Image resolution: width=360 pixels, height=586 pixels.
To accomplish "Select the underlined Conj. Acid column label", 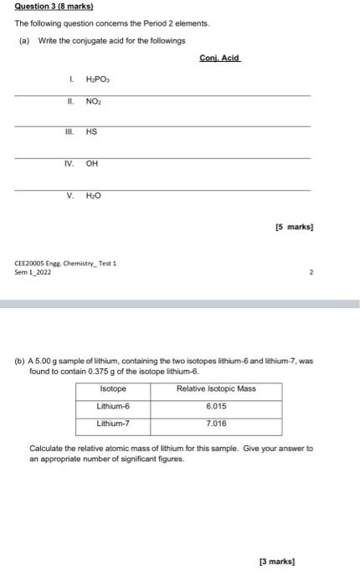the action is [219, 58].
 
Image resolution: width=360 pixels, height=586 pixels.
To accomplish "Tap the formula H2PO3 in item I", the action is [98, 80].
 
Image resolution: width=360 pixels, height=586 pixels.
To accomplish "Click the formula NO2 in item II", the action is [94, 101].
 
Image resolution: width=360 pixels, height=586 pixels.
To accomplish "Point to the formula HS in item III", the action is [92, 132].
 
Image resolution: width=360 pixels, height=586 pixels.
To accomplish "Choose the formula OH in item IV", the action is [92, 164].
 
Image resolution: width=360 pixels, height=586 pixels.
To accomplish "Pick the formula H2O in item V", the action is [94, 196].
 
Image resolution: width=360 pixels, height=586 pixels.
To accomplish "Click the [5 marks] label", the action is [294, 227].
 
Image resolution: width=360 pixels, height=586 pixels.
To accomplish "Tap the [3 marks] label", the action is [278, 562].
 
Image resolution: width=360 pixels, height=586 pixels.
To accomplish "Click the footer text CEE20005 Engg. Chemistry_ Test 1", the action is [65, 263].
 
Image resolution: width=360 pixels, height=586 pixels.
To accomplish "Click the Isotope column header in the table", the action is [113, 389].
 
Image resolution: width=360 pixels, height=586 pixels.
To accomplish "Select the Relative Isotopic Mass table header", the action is [216, 389].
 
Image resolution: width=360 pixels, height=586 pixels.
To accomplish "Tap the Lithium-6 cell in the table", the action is [113, 406].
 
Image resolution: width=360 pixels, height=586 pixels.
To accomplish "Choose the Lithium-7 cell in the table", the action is [113, 424].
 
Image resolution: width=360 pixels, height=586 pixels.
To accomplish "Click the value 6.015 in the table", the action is [216, 406].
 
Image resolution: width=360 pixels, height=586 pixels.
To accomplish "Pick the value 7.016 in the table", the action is [216, 424].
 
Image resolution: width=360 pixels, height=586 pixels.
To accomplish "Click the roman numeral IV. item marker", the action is [70, 164].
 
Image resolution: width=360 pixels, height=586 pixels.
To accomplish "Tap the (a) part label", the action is [24, 40].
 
